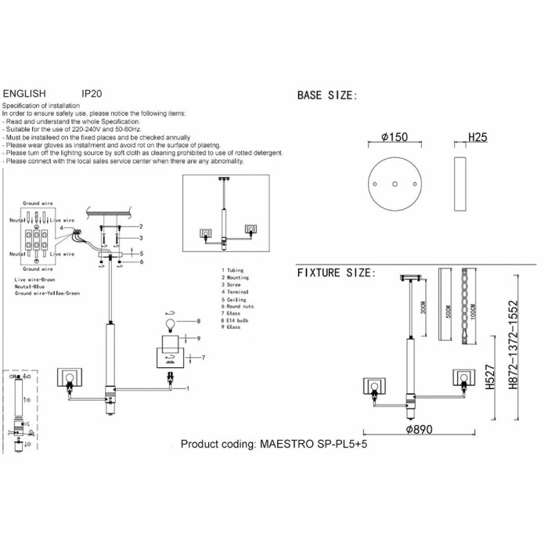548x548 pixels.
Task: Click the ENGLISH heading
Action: click(24, 92)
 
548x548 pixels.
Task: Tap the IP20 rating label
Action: click(92, 92)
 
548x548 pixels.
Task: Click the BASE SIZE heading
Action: click(326, 96)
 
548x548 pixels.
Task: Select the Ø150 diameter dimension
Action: click(395, 137)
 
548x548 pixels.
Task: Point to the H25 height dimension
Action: click(477, 137)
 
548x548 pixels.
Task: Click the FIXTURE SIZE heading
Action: click(336, 272)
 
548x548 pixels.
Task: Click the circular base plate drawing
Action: click(395, 183)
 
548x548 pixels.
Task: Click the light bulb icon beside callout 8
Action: click(169, 323)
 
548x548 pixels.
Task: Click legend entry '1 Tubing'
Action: click(232, 270)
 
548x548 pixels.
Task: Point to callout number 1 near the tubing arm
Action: click(188, 388)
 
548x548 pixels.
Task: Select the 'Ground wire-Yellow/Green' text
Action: click(47, 294)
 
